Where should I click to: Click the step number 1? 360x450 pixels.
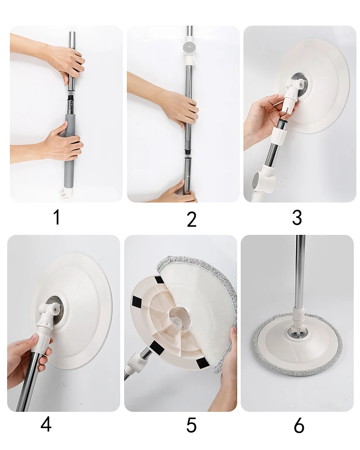[57, 217]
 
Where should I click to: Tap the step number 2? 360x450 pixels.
[192, 219]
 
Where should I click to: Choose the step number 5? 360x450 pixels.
[191, 425]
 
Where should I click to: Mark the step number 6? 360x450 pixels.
[299, 425]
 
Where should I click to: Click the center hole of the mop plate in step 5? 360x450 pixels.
[179, 317]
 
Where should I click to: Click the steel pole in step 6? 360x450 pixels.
[300, 273]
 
